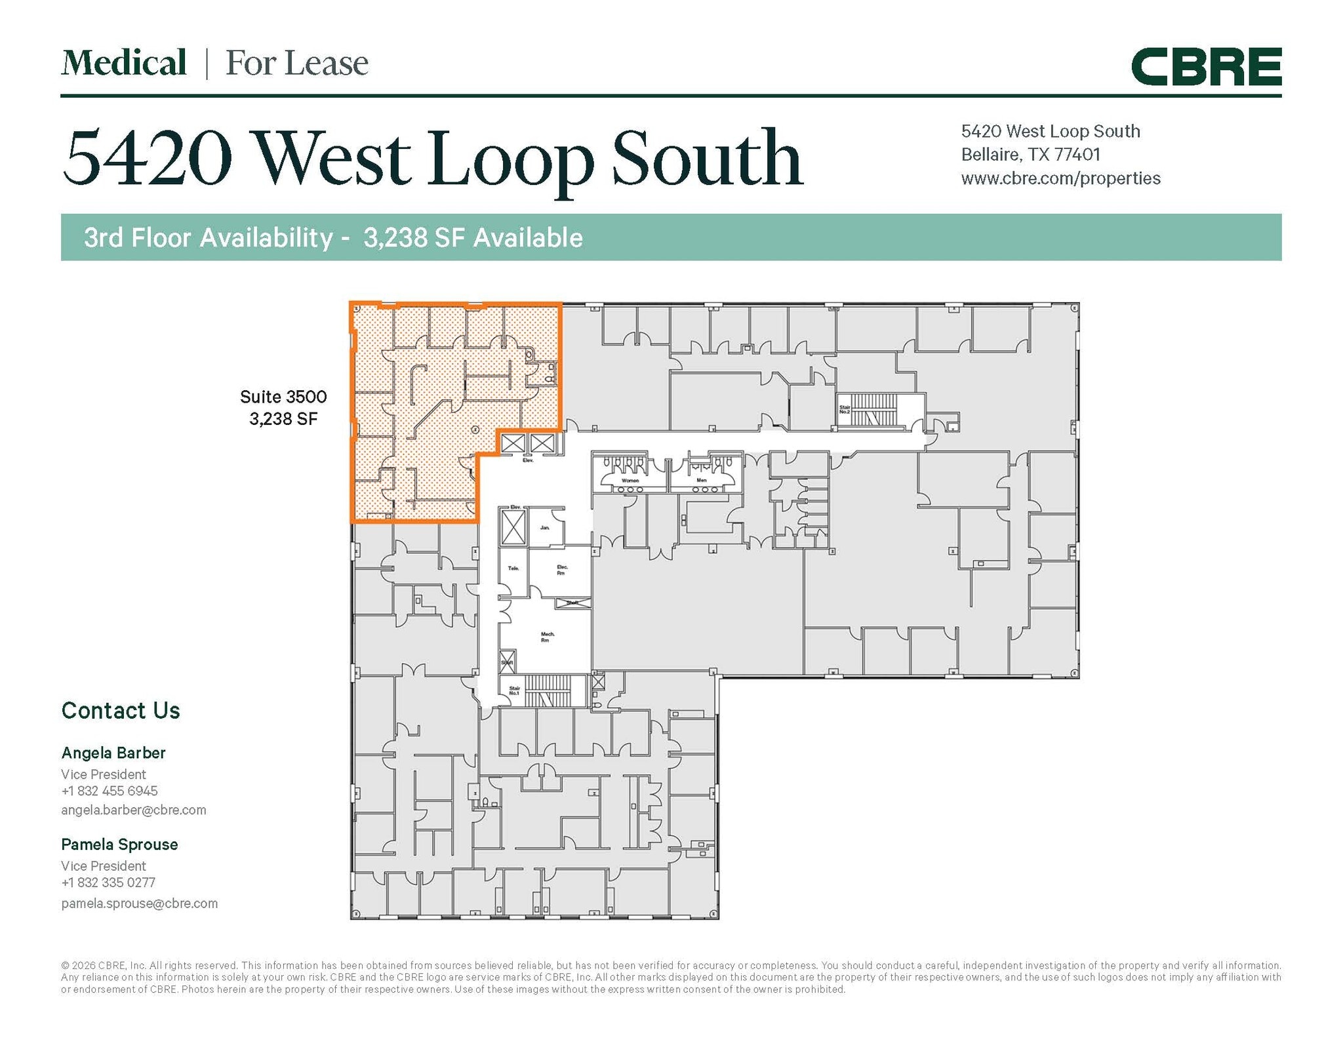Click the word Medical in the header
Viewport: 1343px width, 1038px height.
click(124, 63)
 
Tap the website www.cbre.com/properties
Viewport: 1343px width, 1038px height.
click(1060, 178)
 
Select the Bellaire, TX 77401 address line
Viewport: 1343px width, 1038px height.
click(1030, 155)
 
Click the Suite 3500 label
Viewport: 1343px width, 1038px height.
click(283, 397)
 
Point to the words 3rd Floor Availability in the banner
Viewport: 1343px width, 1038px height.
click(209, 237)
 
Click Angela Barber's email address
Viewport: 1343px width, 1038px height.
click(133, 810)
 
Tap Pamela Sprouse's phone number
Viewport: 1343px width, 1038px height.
click(108, 883)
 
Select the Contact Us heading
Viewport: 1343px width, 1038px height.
click(121, 711)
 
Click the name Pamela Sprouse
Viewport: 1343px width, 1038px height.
click(119, 845)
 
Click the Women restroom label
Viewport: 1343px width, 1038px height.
click(630, 481)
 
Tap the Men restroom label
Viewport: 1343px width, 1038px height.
click(702, 481)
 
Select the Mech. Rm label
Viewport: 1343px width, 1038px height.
click(547, 637)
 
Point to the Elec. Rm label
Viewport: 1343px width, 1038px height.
click(561, 570)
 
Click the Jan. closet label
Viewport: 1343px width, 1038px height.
click(544, 528)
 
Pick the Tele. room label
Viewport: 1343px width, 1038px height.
click(513, 568)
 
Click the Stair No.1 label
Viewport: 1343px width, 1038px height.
click(514, 690)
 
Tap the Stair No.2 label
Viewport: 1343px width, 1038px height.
click(845, 409)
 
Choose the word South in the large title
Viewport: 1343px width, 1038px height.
click(706, 159)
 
